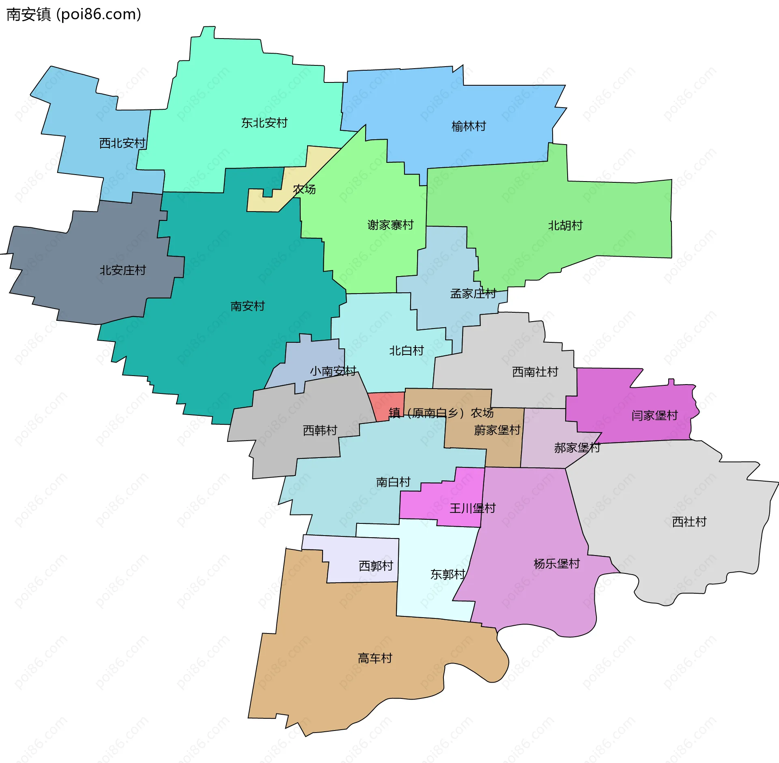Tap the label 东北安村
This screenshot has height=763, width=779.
[264, 123]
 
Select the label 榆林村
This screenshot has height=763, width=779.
[469, 126]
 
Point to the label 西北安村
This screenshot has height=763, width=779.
[122, 143]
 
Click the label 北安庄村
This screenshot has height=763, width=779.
[123, 270]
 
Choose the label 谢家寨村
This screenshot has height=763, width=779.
[390, 225]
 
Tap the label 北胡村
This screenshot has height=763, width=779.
[565, 225]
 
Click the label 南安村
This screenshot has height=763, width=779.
[247, 306]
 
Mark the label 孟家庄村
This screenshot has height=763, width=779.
[473, 293]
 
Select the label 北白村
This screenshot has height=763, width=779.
[406, 350]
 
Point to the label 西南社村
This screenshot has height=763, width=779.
[535, 372]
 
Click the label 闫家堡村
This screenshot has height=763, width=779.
[654, 415]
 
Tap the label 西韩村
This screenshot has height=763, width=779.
[320, 430]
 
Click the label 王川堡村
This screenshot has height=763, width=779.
[472, 508]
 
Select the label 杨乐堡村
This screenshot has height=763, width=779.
[556, 564]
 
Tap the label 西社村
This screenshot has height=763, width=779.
[689, 521]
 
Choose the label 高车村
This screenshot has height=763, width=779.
[375, 658]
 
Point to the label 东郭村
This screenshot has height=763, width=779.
[448, 574]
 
